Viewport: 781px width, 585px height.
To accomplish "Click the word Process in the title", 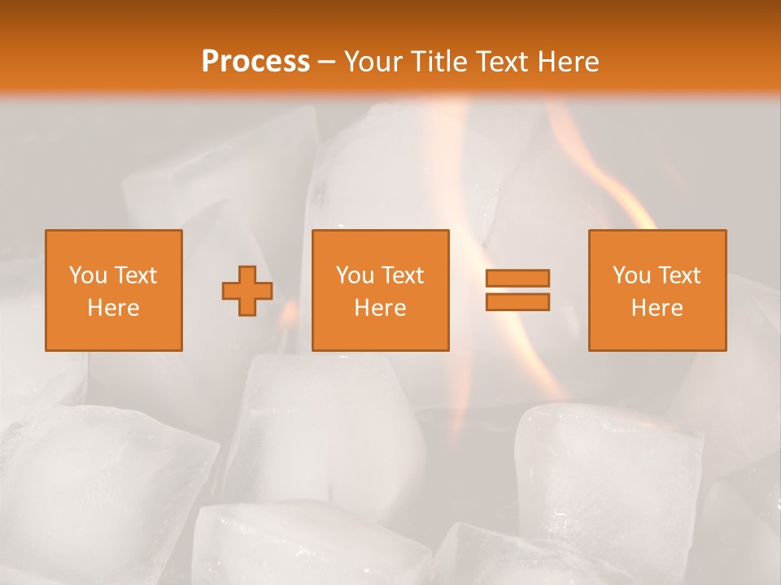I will click(x=255, y=61).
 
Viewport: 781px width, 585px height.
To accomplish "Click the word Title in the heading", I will click(x=438, y=61).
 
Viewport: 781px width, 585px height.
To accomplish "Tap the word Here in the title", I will click(x=567, y=61).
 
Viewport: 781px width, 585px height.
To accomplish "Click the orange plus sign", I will click(x=247, y=291).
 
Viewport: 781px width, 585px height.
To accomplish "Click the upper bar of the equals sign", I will click(x=517, y=279).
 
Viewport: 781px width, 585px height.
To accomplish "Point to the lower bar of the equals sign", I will click(x=517, y=302).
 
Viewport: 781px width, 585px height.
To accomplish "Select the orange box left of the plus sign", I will click(x=114, y=290).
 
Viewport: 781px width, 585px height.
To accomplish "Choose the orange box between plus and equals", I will click(x=381, y=290).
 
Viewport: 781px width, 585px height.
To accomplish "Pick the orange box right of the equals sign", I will click(x=657, y=290).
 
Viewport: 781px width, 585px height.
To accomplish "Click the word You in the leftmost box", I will click(x=88, y=275).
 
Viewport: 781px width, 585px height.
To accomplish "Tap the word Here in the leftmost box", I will click(x=114, y=308).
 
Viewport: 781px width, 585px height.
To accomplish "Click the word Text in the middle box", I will click(x=403, y=275).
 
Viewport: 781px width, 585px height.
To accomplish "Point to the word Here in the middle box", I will click(x=381, y=308).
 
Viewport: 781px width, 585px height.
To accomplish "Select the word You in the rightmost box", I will click(x=631, y=275).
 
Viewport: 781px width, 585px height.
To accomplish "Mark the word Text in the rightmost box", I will click(x=679, y=275).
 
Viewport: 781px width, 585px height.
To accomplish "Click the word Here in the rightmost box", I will click(x=657, y=308).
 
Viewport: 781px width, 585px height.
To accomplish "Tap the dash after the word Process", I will click(x=327, y=62).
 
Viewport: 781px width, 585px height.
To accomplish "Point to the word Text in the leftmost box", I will click(x=136, y=275).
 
